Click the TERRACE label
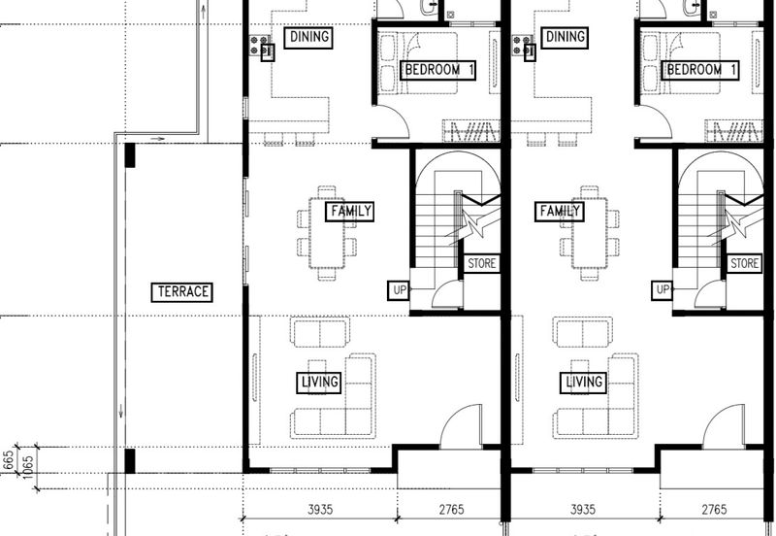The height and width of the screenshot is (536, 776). [x=182, y=291]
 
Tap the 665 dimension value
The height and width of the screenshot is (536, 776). [x=9, y=461]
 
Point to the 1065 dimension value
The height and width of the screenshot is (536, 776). [x=27, y=467]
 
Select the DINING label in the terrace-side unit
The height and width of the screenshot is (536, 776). [x=308, y=37]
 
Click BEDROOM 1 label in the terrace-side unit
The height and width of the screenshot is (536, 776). [x=438, y=70]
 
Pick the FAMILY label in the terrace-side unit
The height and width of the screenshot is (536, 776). [x=350, y=212]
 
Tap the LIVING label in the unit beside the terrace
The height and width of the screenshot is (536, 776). [x=319, y=383]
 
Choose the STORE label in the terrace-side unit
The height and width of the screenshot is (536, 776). [x=481, y=263]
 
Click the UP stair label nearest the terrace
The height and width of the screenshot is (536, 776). [x=399, y=290]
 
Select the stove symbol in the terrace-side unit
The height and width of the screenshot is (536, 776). [x=259, y=45]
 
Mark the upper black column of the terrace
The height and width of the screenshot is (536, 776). [x=130, y=155]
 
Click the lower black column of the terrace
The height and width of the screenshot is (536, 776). [x=130, y=460]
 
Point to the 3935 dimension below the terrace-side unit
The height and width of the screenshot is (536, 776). [x=320, y=509]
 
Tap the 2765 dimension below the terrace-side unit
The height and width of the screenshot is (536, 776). [x=452, y=509]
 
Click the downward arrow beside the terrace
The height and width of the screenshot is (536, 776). [x=120, y=411]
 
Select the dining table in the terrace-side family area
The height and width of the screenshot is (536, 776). [x=327, y=233]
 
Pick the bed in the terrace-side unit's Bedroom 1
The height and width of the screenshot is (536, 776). [x=418, y=63]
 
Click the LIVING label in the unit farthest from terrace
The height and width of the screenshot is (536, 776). [x=583, y=383]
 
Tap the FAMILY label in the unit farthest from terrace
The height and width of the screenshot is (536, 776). [x=560, y=212]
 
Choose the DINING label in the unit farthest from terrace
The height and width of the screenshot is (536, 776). [x=565, y=37]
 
